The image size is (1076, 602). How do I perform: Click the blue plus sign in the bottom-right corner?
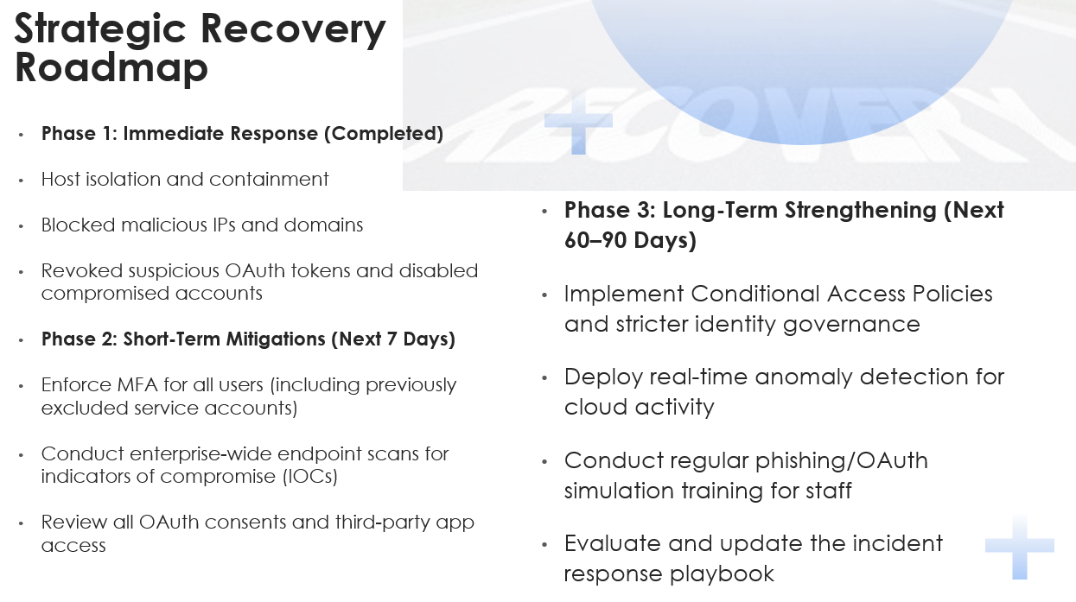(x=1020, y=546)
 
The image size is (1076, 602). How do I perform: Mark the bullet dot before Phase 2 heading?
(x=22, y=339)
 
